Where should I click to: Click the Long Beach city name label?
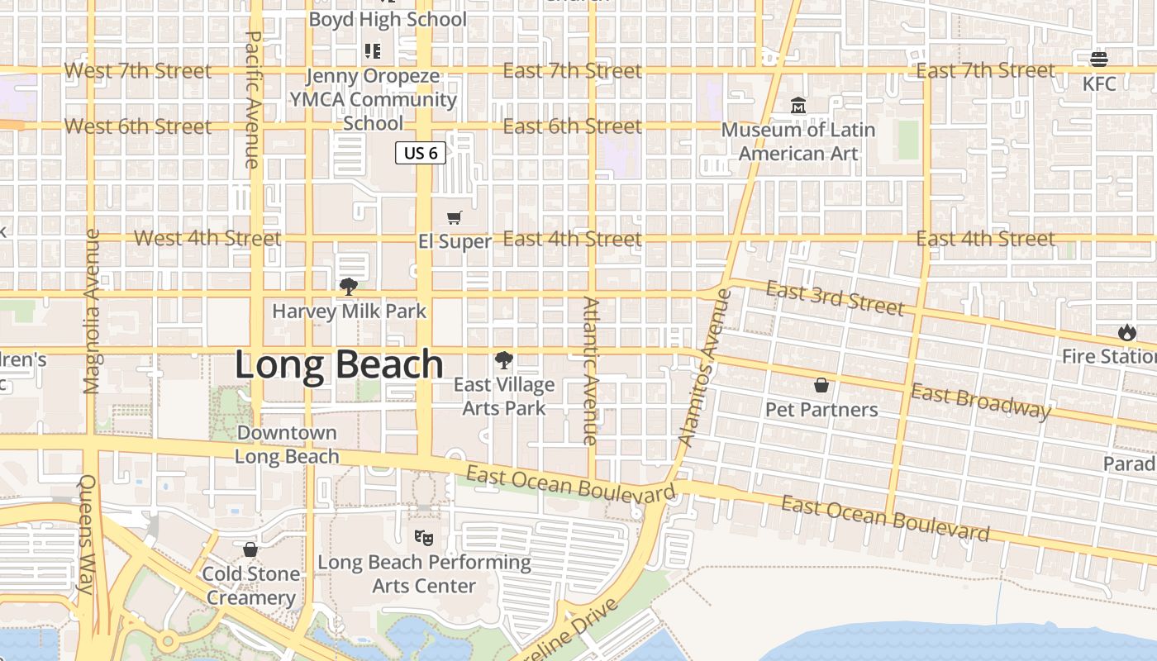tap(339, 364)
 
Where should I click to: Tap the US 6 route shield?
tap(420, 153)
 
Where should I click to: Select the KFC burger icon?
tap(1098, 59)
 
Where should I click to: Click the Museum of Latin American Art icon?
tap(798, 106)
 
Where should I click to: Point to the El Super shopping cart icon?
tap(454, 218)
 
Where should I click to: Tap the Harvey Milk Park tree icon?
tap(349, 287)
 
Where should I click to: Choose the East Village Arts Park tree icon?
tap(503, 360)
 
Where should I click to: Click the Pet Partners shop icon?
tap(821, 385)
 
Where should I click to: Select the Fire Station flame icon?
tap(1126, 332)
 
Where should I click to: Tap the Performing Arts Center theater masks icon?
tap(424, 538)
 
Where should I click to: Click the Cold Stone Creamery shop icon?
tap(250, 549)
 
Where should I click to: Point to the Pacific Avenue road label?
tap(254, 99)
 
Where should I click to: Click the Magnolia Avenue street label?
tap(92, 311)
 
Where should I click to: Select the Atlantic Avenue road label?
tap(590, 371)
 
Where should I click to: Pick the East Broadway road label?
tap(980, 402)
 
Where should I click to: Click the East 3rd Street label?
tap(835, 297)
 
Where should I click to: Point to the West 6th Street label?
tap(137, 126)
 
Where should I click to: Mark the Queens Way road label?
tap(86, 535)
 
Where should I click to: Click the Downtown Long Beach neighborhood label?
tap(287, 445)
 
